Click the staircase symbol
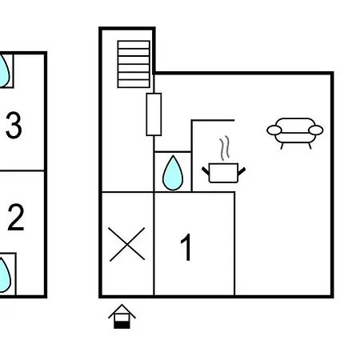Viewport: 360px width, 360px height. click(134, 64)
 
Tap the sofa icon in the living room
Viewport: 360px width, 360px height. click(295, 133)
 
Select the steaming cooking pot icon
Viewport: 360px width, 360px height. click(223, 160)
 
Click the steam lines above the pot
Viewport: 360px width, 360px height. click(225, 148)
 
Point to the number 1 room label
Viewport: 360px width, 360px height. click(186, 247)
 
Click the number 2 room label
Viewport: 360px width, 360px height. click(16, 217)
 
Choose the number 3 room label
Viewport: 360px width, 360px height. click(14, 126)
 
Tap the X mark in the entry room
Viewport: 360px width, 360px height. click(127, 244)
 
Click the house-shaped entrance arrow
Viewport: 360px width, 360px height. click(122, 317)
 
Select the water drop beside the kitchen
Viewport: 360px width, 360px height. click(173, 174)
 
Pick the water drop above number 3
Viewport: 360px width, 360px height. click(4, 71)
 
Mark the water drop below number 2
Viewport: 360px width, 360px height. click(4, 275)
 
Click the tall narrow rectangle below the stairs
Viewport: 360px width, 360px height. click(154, 114)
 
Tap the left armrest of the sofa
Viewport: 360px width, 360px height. click(274, 130)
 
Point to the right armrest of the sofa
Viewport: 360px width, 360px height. click(316, 130)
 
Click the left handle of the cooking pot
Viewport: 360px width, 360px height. click(206, 170)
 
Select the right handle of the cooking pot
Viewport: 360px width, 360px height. click(242, 171)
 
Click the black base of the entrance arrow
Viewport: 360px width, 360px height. click(122, 325)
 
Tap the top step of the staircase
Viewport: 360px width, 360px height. click(134, 45)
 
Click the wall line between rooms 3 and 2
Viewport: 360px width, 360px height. click(22, 170)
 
